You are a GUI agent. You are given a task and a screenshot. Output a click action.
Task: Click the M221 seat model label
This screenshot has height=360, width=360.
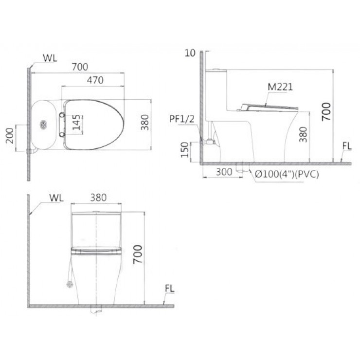tap(280, 87)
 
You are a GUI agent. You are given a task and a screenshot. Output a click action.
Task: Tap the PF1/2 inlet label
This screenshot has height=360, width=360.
tap(182, 119)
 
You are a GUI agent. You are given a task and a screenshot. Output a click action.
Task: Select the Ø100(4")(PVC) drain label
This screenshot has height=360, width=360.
tap(287, 174)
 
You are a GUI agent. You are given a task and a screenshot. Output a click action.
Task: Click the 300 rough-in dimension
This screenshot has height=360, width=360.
tap(224, 172)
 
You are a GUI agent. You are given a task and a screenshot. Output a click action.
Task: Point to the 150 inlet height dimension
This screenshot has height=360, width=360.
tap(185, 150)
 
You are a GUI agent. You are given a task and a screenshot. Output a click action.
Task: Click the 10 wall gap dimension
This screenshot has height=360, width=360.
tap(190, 53)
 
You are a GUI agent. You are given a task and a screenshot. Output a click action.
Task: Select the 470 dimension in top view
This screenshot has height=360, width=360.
tap(95, 80)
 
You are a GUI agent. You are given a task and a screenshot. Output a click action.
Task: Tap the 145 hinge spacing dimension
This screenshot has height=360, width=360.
tap(76, 123)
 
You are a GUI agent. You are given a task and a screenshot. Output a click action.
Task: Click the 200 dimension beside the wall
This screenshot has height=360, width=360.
tap(10, 136)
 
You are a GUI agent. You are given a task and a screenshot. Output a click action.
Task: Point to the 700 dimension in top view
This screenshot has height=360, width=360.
tap(80, 67)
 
